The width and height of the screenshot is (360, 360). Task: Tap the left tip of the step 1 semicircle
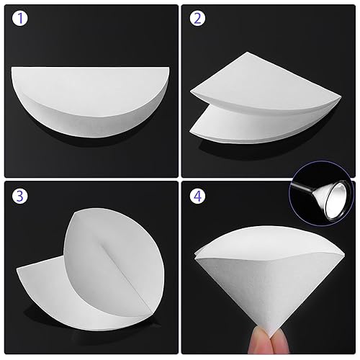click(16, 68)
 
